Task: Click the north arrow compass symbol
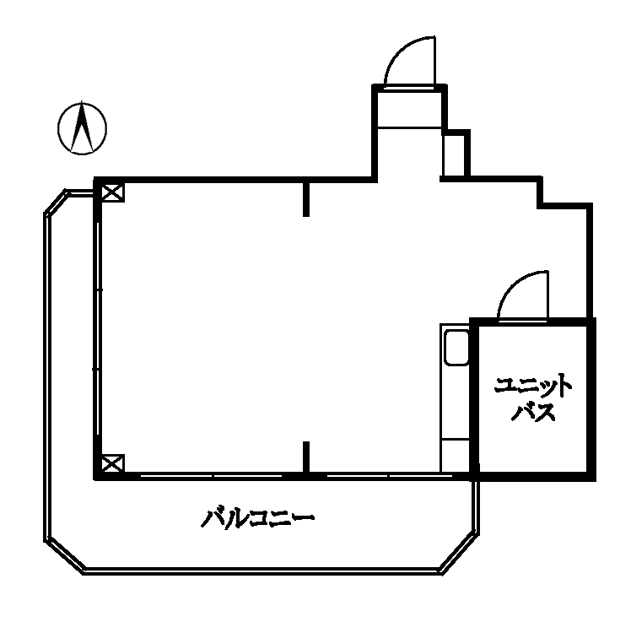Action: point(82,128)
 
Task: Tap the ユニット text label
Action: point(533,387)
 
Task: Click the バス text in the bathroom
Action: point(533,412)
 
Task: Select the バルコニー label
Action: point(257,518)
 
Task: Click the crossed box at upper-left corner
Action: point(112,192)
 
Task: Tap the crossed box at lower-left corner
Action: point(112,463)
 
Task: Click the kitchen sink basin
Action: point(456,348)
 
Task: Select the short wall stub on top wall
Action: point(306,199)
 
